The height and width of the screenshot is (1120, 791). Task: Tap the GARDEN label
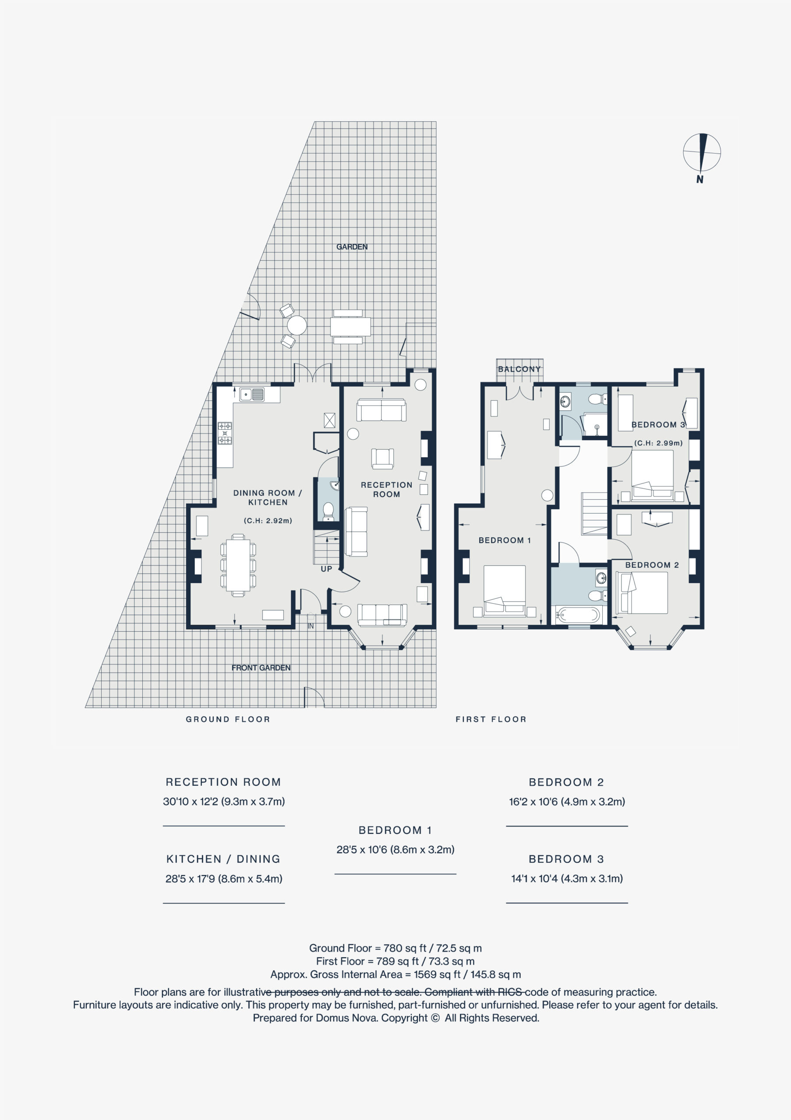[x=352, y=247]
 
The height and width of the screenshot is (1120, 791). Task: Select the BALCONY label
[x=519, y=369]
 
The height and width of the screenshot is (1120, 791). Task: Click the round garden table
[x=297, y=325]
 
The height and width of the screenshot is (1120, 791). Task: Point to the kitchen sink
[x=252, y=394]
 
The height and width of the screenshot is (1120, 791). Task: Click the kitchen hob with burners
[x=225, y=433]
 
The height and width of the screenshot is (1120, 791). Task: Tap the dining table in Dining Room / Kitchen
[x=238, y=565]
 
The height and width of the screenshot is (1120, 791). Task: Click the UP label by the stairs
[x=326, y=569]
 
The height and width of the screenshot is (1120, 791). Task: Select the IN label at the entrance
[x=311, y=626]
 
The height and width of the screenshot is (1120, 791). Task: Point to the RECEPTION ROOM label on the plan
[x=386, y=489]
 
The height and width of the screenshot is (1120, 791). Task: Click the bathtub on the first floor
[x=578, y=615]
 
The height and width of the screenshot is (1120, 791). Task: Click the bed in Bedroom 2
[x=642, y=593]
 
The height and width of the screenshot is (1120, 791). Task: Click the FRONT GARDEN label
[x=261, y=668]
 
